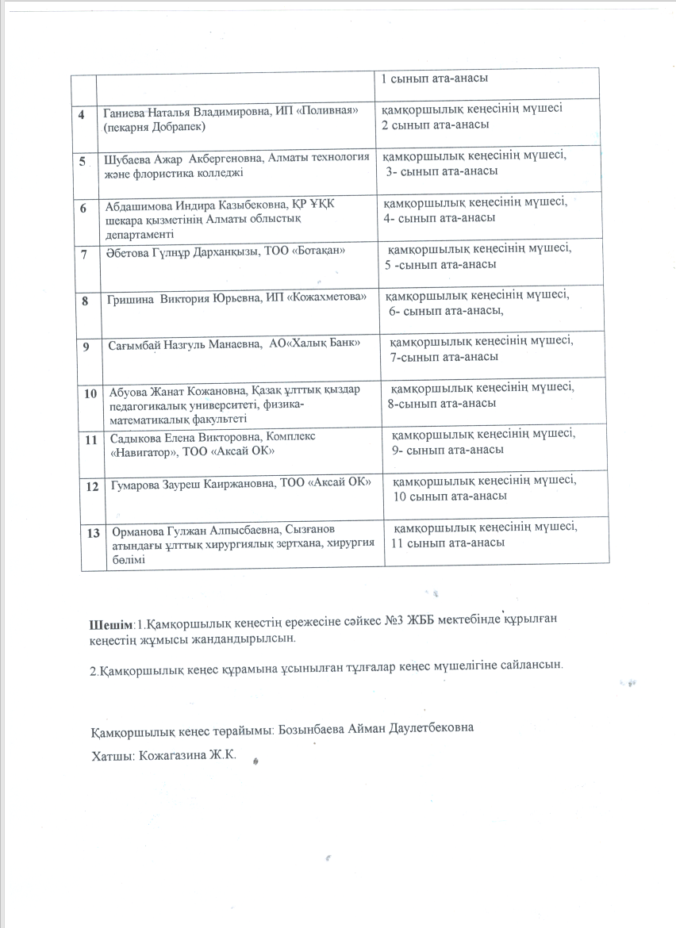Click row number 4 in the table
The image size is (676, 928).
pyautogui.click(x=82, y=114)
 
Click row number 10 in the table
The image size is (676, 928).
pyautogui.click(x=90, y=393)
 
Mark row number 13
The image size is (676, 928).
pyautogui.click(x=93, y=531)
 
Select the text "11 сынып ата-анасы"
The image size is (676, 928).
pyautogui.click(x=447, y=543)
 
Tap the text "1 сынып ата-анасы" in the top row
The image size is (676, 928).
pyautogui.click(x=434, y=79)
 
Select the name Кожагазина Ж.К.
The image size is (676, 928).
pyautogui.click(x=188, y=756)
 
